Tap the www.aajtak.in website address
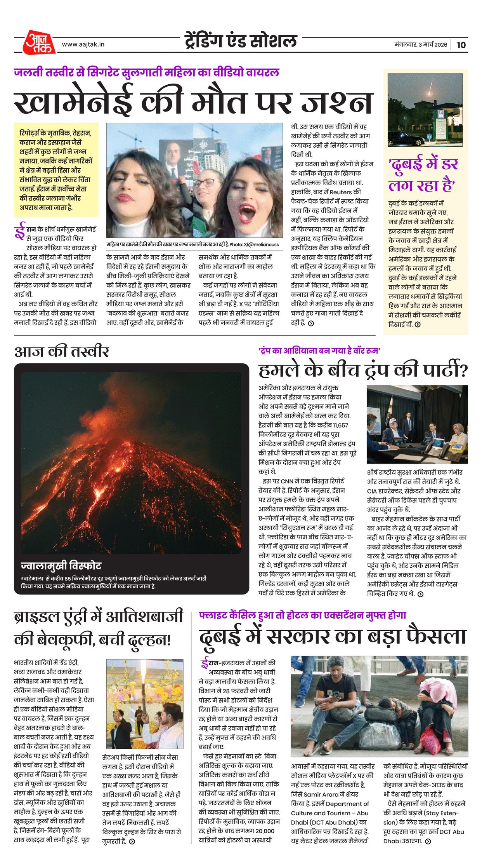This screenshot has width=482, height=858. pyautogui.click(x=83, y=44)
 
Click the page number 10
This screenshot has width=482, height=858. pyautogui.click(x=461, y=45)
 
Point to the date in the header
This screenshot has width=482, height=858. pyautogui.click(x=421, y=45)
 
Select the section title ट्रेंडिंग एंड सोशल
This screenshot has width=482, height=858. pyautogui.click(x=241, y=41)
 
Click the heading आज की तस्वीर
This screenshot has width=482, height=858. pyautogui.click(x=61, y=351)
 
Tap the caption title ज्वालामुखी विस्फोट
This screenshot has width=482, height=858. pyautogui.click(x=61, y=565)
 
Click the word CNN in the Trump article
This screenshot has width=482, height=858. pyautogui.click(x=287, y=481)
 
